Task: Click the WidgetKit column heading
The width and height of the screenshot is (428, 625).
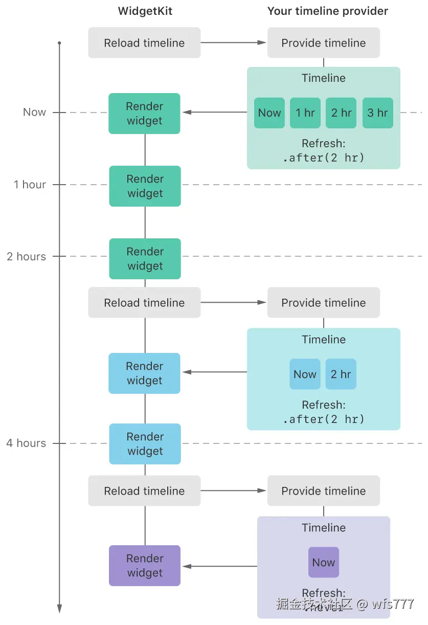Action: coord(145,11)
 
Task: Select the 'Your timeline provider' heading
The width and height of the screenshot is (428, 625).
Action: coord(327,11)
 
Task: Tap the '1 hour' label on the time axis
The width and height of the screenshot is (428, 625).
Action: coord(30,185)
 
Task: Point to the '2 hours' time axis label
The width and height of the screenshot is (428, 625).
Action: coord(26,257)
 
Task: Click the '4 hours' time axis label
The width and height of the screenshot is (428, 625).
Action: coord(26,443)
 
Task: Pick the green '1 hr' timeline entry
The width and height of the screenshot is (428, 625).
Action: coord(305,113)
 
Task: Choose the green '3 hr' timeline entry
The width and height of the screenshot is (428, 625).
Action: coord(377,113)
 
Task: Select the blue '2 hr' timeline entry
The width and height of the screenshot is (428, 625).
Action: coord(341,374)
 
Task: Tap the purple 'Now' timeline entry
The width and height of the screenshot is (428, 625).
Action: coord(323,563)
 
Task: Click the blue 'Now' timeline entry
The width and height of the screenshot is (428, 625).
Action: coord(305,374)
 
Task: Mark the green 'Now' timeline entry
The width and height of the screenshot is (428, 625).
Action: coord(269,113)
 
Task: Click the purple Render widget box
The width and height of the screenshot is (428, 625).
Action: coord(145,566)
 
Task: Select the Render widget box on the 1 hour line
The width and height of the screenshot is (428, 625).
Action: coord(145,186)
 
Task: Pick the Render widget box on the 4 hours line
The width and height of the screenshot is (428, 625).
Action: coord(145,444)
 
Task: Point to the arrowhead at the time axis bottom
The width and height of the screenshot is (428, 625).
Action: coord(59,608)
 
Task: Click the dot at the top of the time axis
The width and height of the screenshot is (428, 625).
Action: coord(59,43)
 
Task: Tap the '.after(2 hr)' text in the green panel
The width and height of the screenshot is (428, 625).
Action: coord(324,158)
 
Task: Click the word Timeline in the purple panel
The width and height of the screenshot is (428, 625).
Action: coord(323,528)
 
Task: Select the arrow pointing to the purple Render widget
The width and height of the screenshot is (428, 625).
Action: coord(220,566)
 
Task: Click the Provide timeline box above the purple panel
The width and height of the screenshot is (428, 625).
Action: coord(323,491)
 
